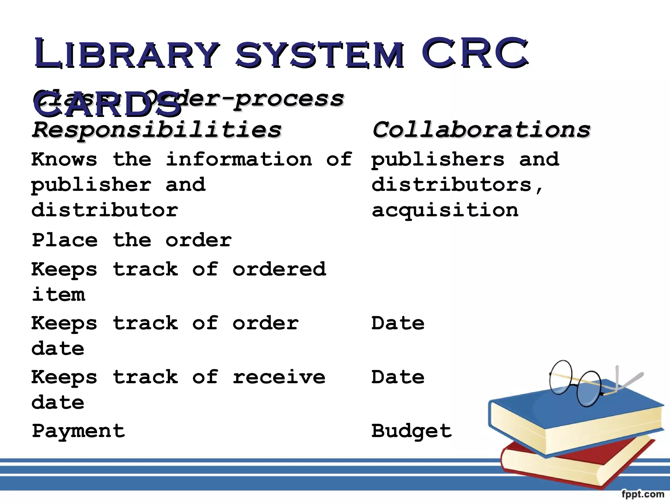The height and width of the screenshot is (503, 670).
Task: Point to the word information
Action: point(239,160)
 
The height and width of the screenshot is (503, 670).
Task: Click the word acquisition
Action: point(445,210)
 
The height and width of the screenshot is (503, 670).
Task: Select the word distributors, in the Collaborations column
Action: point(456,185)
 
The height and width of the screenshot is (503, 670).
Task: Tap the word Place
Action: point(65,240)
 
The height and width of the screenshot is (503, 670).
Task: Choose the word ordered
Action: point(279,269)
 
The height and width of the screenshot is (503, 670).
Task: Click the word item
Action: point(59,294)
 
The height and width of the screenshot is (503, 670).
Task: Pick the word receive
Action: point(279,377)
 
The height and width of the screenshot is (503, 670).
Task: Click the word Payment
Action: point(79,431)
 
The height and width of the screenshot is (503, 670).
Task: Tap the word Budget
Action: point(412,431)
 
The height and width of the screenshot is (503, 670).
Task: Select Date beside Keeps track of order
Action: point(398,323)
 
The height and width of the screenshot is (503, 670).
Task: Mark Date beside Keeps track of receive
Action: point(398,377)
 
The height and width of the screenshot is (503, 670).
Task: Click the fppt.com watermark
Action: point(643,494)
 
